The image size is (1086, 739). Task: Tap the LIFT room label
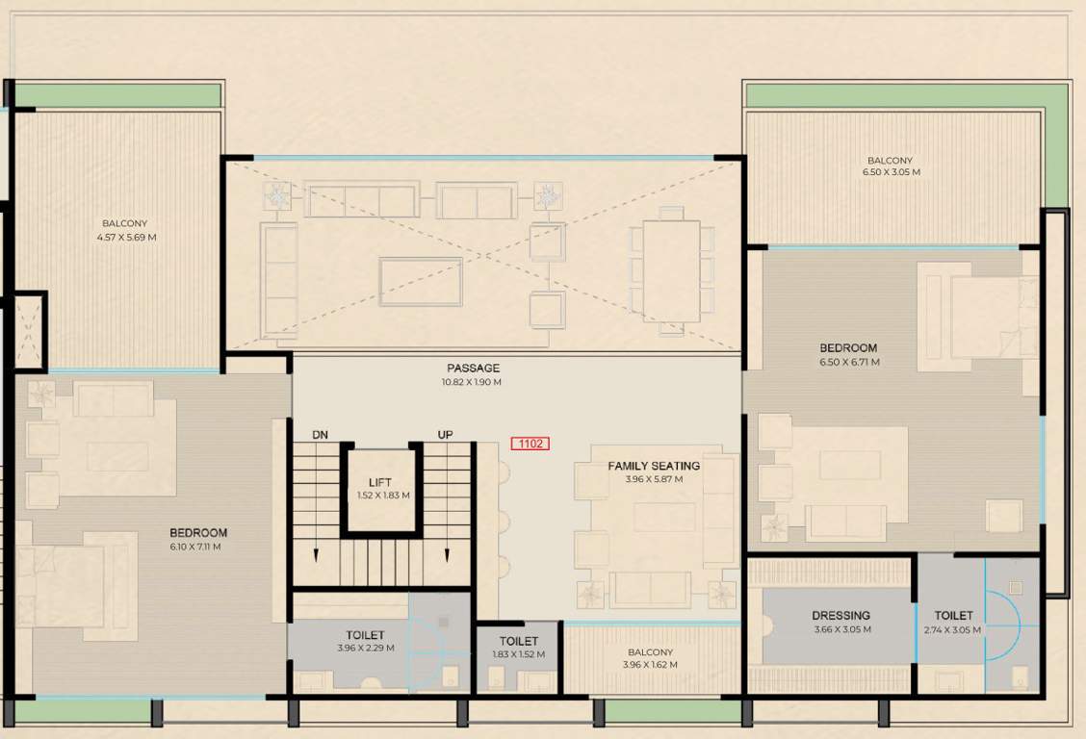pos(379,482)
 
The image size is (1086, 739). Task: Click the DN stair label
pos(320,435)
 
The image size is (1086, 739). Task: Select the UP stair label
pos(445,435)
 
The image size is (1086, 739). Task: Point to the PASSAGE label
pos(473,369)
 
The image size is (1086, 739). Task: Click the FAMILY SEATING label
pos(653,466)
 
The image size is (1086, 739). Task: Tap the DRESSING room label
pos(840,616)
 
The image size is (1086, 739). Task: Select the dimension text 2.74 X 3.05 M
pos(953,630)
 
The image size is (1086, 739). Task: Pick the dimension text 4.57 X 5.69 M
pos(126,237)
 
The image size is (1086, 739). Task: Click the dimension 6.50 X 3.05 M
pos(890,173)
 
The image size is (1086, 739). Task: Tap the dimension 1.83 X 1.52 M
pos(518,654)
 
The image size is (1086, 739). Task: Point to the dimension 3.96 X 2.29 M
pos(365,649)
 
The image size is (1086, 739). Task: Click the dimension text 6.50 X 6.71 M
pos(848,363)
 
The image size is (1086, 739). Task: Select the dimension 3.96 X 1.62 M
pos(651,665)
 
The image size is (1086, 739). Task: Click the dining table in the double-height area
pos(671,271)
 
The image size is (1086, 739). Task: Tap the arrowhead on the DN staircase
pos(317,554)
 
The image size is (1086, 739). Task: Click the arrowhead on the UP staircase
pos(446,553)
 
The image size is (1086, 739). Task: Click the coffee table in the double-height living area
pos(421,281)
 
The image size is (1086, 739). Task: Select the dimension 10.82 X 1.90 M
pos(473,382)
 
